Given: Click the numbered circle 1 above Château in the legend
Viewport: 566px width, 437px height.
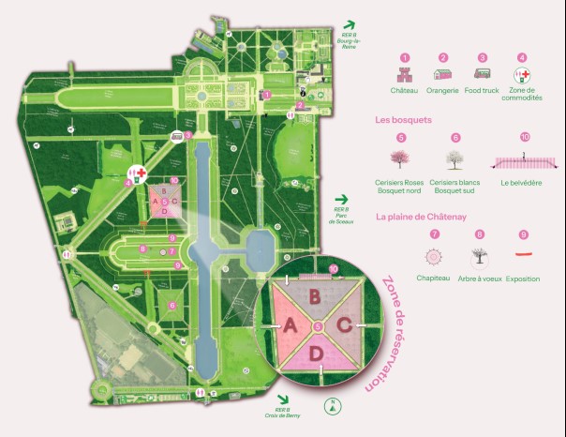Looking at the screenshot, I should (405, 57).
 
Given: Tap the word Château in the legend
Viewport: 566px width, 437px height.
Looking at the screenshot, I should (405, 91).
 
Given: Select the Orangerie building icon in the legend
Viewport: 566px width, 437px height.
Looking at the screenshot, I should (443, 75).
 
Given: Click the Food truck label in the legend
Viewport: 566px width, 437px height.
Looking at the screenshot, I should (482, 91).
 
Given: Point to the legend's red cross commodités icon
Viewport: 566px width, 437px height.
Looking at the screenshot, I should (522, 75).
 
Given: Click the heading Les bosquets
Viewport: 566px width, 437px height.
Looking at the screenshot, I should (403, 120).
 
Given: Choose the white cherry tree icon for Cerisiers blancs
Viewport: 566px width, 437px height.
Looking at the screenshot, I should (455, 159).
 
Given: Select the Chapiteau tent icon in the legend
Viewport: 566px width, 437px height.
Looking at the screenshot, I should (433, 256).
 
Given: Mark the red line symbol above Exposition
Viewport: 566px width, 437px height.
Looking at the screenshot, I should (523, 254).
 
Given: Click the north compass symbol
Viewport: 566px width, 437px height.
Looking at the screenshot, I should (330, 407).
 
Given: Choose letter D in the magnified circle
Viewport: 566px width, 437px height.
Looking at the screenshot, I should (317, 353).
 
